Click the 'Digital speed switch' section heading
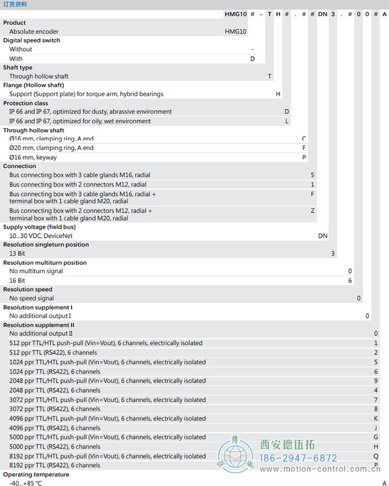32,41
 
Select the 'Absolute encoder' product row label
33,32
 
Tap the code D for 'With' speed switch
252,58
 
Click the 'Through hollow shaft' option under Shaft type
39,76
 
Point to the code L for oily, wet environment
287,121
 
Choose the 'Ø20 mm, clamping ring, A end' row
51,148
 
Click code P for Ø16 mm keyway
304,157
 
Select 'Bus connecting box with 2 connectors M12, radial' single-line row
78,184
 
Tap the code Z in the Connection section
312,211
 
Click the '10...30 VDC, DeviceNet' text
41,236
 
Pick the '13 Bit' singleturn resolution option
17,253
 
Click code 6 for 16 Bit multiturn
350,280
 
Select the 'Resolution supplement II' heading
39,325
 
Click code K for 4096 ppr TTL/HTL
376,419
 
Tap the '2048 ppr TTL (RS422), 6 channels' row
54,390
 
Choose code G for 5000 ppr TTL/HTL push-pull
376,437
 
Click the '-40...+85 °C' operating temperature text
26,483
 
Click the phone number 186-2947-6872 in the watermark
299,458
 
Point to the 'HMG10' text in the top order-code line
236,13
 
